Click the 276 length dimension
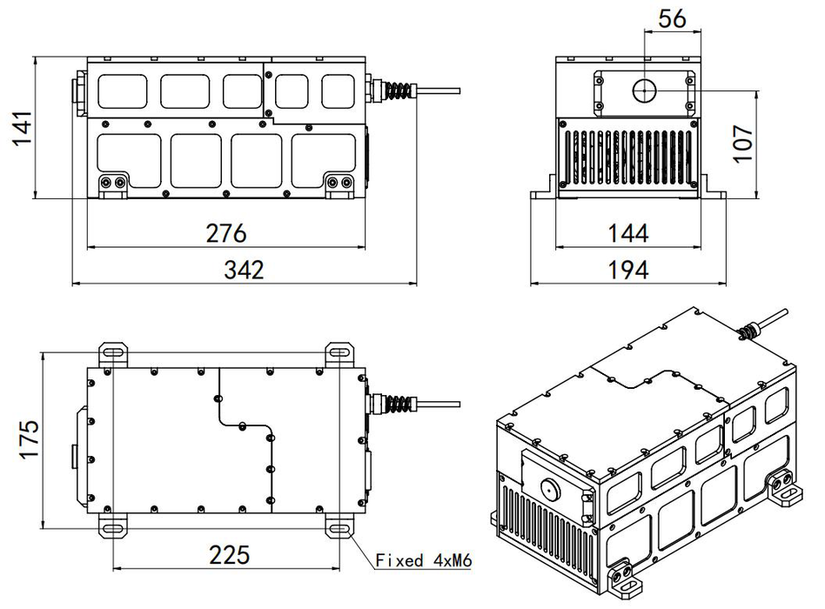[226, 233]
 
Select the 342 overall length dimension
[244, 270]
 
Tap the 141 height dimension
[22, 128]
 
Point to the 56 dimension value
[673, 19]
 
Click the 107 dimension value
[742, 144]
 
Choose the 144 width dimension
[628, 233]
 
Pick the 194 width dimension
[628, 270]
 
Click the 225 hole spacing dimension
[230, 555]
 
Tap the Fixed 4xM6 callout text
[424, 560]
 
